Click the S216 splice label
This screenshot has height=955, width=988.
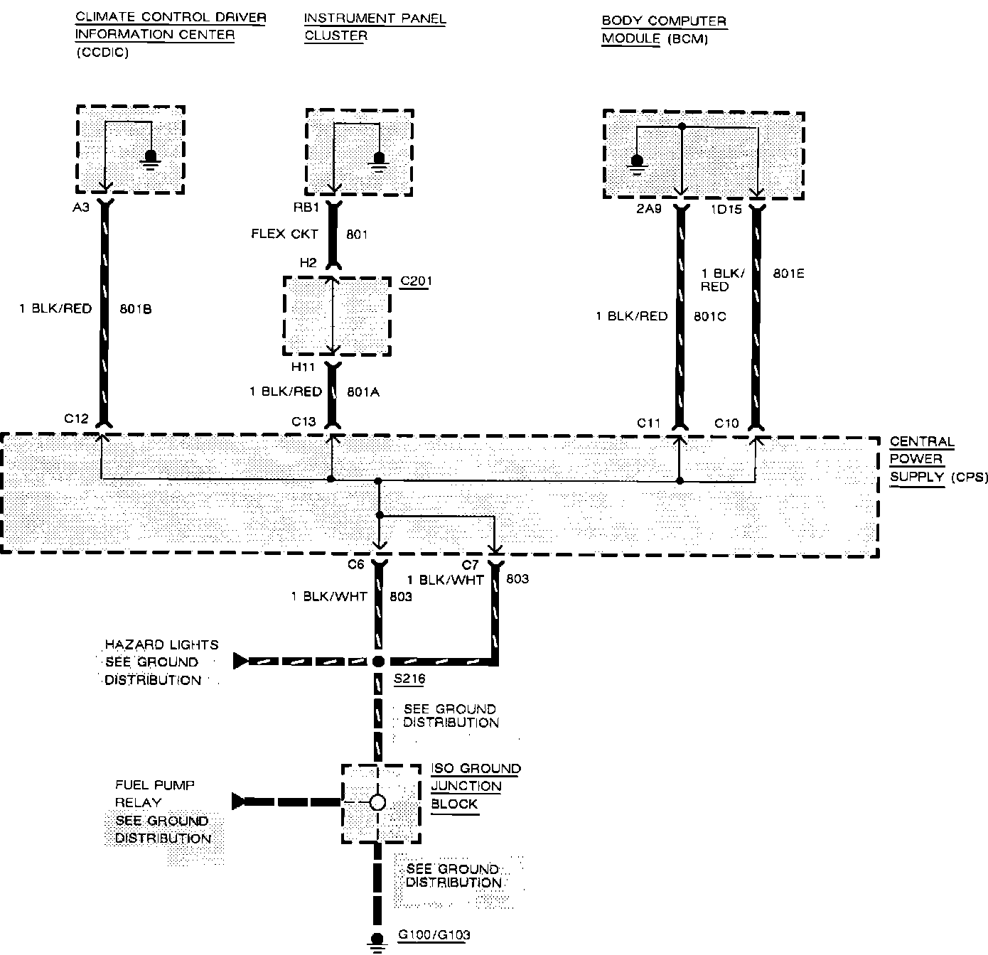point(409,679)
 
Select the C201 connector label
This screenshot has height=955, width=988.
point(416,281)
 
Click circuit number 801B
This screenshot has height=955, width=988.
point(136,309)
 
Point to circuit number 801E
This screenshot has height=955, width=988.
point(789,274)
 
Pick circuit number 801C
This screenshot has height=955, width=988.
point(709,316)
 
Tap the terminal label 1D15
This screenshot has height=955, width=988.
point(725,210)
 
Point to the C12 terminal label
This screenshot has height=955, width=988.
point(76,419)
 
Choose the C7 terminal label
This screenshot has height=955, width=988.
point(471,565)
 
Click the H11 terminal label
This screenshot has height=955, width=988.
point(304,367)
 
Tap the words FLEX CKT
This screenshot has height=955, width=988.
point(284,234)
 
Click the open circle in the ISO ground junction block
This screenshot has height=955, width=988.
point(378,802)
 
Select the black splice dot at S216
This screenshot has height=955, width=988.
point(378,662)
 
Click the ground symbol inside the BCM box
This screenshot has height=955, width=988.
point(637,164)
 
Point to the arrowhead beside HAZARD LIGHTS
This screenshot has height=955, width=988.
point(240,662)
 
